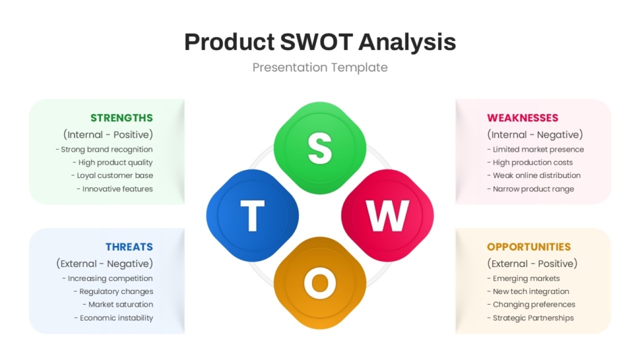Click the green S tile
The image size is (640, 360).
[320, 148]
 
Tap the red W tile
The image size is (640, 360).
[387, 216]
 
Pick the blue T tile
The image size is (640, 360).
[252, 216]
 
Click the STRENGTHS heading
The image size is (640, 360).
[121, 118]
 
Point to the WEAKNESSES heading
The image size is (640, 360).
[523, 118]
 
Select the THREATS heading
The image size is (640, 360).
[129, 247]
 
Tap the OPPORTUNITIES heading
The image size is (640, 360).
[529, 247]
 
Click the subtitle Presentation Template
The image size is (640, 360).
[320, 67]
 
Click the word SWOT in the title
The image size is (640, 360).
[315, 42]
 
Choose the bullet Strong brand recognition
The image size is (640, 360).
[104, 150]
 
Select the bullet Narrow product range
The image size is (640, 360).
[531, 189]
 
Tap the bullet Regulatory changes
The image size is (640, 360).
[113, 291]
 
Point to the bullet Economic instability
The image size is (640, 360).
[114, 318]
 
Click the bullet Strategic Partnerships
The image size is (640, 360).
[531, 318]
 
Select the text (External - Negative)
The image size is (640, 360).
[104, 264]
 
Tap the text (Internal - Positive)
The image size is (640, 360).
[108, 135]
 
